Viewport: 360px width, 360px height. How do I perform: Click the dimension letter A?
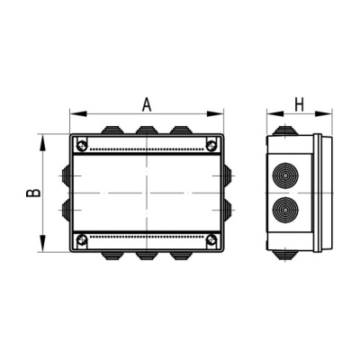point(147,104)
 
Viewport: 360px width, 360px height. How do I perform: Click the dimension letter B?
point(33,193)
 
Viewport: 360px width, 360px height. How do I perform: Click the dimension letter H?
point(300,105)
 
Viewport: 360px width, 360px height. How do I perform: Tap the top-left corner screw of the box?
point(82,146)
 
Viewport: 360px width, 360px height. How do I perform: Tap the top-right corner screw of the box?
point(211,146)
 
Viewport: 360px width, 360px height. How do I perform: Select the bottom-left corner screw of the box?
point(82,239)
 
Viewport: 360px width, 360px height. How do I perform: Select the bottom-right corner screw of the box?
point(211,239)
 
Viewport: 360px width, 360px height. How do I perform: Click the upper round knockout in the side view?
point(285,175)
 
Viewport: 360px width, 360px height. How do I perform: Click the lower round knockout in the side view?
point(285,209)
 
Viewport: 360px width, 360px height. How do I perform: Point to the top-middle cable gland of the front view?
point(147,130)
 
